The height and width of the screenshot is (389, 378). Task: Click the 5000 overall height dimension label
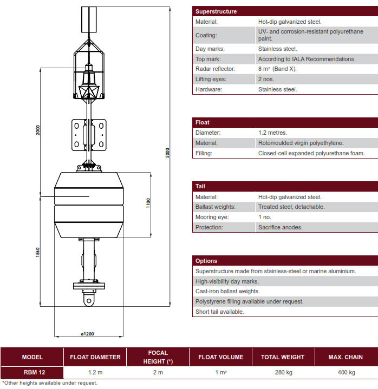pyautogui.click(x=167, y=153)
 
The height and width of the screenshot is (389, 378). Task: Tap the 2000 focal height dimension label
pyautogui.click(x=38, y=130)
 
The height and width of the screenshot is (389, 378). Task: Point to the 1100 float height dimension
pyautogui.click(x=148, y=203)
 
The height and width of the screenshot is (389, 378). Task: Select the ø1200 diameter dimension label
pyautogui.click(x=87, y=334)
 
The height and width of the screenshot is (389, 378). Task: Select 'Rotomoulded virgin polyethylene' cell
pyautogui.click(x=301, y=143)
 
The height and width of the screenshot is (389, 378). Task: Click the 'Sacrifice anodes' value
pyautogui.click(x=280, y=228)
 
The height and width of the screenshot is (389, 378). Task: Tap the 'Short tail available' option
pyautogui.click(x=220, y=312)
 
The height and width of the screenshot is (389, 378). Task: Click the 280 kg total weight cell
pyautogui.click(x=282, y=372)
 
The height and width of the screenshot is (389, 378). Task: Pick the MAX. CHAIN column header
pyautogui.click(x=346, y=357)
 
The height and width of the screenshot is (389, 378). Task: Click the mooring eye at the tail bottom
pyautogui.click(x=88, y=299)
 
